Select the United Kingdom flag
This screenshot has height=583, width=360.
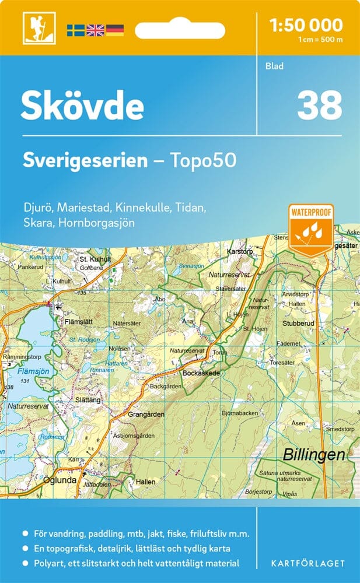pyautogui.click(x=95, y=30)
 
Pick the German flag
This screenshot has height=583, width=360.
pyautogui.click(x=114, y=30)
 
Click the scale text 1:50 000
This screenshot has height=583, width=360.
pyautogui.click(x=307, y=24)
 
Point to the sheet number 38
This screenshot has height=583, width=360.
pyautogui.click(x=319, y=106)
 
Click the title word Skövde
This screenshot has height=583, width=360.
pyautogui.click(x=82, y=106)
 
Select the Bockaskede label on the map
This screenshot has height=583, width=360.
pyautogui.click(x=201, y=372)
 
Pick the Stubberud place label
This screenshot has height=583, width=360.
pyautogui.click(x=299, y=322)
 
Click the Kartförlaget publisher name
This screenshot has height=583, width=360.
pyautogui.click(x=309, y=563)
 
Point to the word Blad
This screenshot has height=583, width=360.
pyautogui.click(x=274, y=66)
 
